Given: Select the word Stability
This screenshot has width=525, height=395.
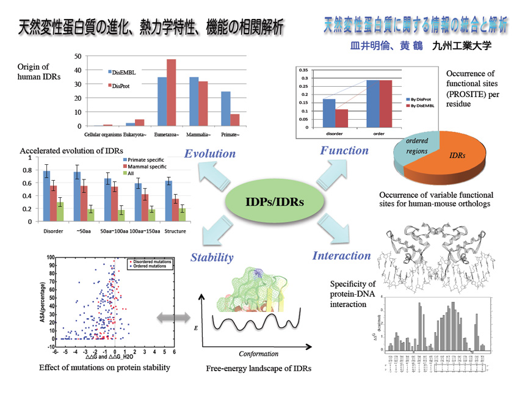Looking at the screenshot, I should click(211, 257).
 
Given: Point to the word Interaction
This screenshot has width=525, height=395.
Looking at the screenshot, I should click(341, 256).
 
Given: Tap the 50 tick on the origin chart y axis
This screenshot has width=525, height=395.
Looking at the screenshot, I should click(77, 56).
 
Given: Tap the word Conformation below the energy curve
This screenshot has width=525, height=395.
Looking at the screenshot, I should click(258, 353).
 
